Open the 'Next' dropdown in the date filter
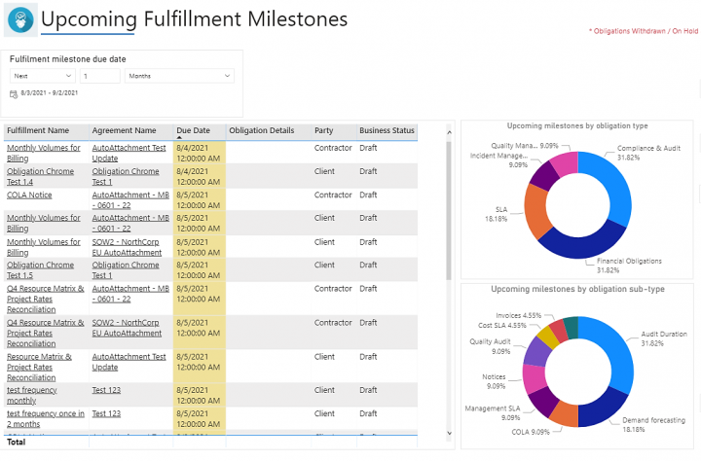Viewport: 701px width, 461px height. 42,76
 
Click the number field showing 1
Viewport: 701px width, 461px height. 100,76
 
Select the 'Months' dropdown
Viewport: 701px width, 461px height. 179,76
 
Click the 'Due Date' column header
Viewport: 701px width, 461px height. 193,130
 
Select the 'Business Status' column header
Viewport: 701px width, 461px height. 387,130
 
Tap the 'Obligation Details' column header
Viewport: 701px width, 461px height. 261,130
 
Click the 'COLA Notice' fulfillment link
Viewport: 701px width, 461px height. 29,195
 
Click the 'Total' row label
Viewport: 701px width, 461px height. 17,442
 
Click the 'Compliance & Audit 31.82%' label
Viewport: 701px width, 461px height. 648,153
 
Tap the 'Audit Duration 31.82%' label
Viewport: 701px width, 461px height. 666,338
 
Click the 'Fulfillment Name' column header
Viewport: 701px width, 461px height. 39,130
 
